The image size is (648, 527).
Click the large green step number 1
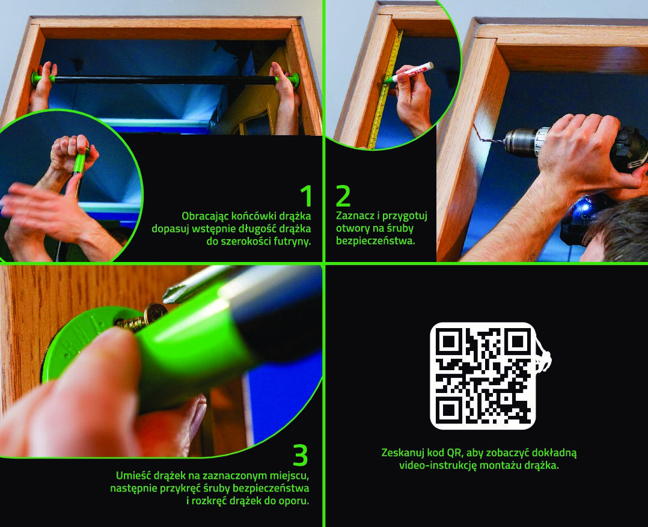pos(306,196)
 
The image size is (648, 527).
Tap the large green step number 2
pos(343,196)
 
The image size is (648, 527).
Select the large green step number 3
pos(301,455)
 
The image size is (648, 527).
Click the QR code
pos(483,376)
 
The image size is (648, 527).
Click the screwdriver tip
pos(170,294)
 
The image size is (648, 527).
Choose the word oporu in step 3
pos(295,501)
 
